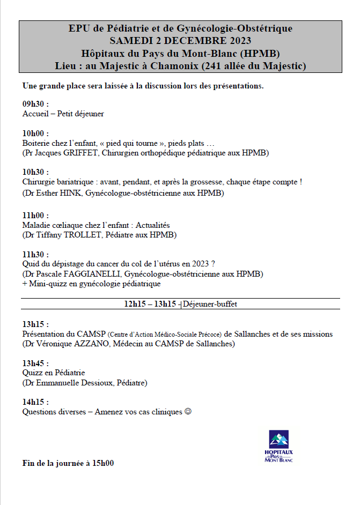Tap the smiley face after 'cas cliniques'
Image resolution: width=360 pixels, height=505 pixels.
188,412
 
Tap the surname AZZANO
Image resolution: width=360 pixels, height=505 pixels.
99,344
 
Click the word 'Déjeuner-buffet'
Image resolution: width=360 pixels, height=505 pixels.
210,304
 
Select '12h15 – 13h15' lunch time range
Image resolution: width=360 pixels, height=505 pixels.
150,304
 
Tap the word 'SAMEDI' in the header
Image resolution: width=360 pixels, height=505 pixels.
130,40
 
